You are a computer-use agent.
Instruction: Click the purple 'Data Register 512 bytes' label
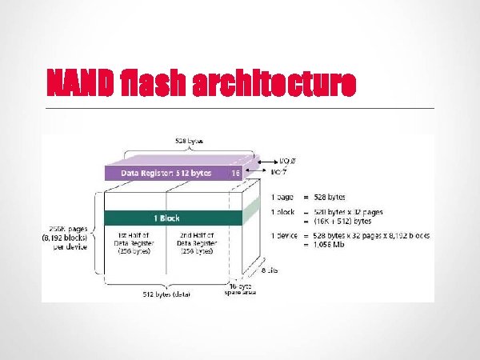point(164,172)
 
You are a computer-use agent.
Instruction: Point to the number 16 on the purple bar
point(235,172)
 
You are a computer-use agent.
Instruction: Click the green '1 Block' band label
point(166,217)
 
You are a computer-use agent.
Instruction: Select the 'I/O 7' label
point(281,171)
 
